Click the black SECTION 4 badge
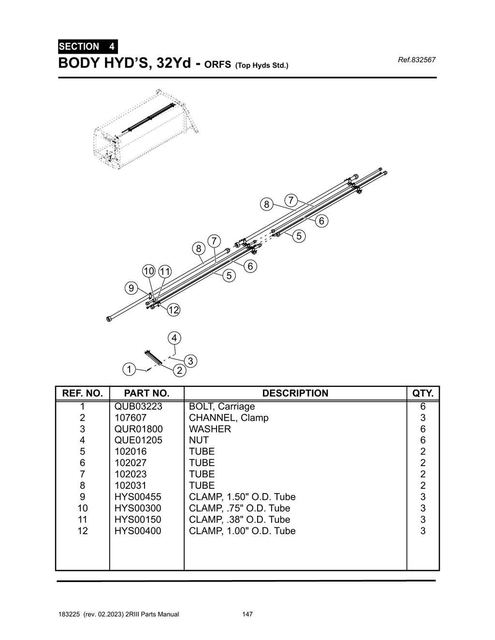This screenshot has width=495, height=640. coord(87,47)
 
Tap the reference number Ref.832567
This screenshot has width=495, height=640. coord(416,60)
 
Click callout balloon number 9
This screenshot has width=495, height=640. coord(131,289)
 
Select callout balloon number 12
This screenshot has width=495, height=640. coord(174,310)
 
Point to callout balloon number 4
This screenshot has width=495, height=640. coord(174,338)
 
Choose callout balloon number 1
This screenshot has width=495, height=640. coord(129,370)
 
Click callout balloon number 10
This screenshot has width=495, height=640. coord(148,271)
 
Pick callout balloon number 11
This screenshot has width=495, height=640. coord(165,271)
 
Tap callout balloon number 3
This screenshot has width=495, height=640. coord(190,361)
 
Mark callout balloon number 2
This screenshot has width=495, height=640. coord(179,371)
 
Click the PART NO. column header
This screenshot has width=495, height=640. coord(146,393)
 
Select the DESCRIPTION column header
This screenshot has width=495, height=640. coord(295,393)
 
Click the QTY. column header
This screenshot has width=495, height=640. coord(423,393)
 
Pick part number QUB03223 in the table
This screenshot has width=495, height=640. coord(138,406)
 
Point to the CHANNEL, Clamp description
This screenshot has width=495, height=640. coord(229,418)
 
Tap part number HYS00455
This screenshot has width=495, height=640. coord(138,497)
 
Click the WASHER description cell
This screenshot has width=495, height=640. coord(210,429)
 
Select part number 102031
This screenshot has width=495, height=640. coord(131,485)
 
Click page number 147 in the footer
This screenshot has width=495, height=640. coord(247,614)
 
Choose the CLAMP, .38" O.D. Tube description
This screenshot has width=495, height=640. coord(240,520)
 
